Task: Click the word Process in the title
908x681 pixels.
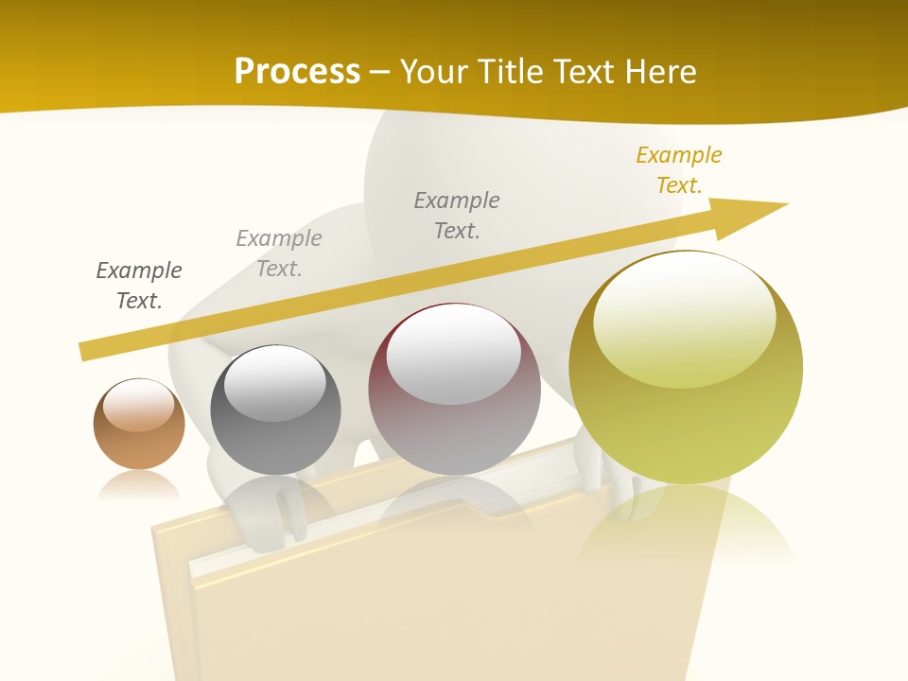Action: click(x=297, y=72)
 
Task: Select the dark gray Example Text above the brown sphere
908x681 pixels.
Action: click(x=139, y=286)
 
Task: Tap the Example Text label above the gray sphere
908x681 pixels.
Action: click(x=279, y=253)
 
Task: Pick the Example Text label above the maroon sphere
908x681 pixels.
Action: click(x=457, y=216)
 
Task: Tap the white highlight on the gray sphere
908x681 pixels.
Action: click(x=274, y=382)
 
